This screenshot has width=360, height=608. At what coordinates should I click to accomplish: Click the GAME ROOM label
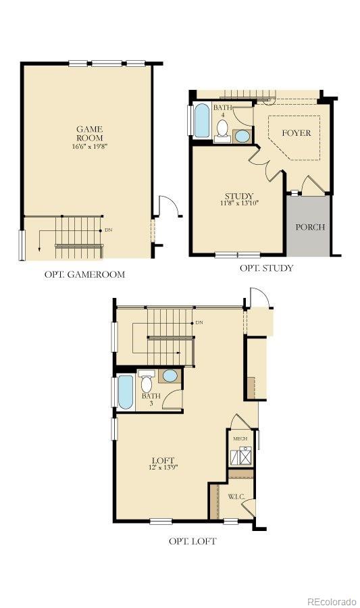click(x=88, y=133)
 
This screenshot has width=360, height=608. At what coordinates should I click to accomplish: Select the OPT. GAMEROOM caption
click(x=84, y=274)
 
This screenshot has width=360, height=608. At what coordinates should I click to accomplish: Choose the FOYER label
click(x=296, y=133)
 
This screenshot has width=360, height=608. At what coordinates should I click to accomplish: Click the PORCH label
click(x=310, y=227)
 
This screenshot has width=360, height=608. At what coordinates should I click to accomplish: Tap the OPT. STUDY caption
click(x=266, y=268)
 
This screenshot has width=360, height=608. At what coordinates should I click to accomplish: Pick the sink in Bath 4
click(x=242, y=136)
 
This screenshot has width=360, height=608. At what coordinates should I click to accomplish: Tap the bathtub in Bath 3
click(x=126, y=392)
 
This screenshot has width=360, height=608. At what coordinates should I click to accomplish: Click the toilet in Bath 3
click(x=147, y=382)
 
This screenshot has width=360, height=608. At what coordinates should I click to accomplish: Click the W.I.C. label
click(x=235, y=497)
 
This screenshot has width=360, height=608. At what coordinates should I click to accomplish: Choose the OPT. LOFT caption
click(x=192, y=541)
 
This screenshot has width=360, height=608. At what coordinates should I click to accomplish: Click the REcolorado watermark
click(x=331, y=601)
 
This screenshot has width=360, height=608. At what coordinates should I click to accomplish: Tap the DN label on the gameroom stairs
click(x=109, y=230)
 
